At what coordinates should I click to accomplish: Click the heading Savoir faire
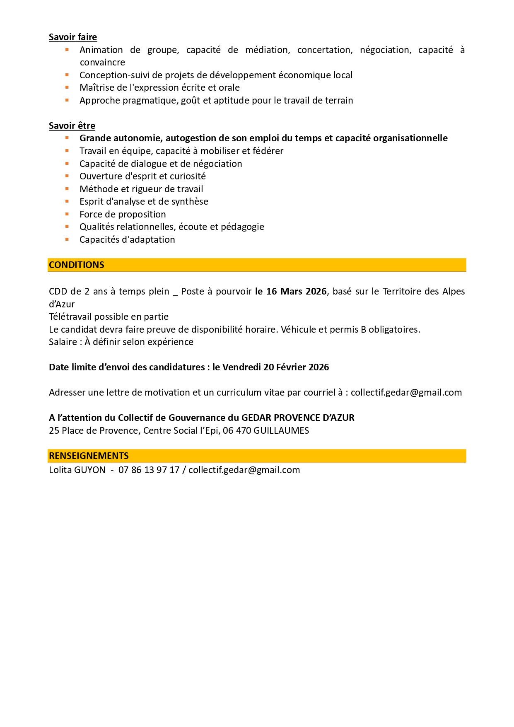tap(73, 37)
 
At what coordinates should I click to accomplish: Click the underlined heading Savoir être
tap(72, 126)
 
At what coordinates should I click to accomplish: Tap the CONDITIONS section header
tap(77, 265)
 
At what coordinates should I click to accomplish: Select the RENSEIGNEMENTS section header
tap(89, 456)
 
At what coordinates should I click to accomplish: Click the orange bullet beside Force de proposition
tap(67, 214)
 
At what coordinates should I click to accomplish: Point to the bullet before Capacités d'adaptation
tap(67, 239)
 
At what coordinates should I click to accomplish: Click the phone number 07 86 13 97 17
tap(149, 470)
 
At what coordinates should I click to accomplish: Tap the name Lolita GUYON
tap(77, 470)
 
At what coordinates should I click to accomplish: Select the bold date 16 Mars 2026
tap(296, 292)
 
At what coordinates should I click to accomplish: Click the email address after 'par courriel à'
tap(406, 393)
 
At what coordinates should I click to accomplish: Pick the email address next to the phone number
tap(244, 470)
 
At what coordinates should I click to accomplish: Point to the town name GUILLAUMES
tap(281, 431)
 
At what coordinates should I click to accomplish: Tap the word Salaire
tap(63, 342)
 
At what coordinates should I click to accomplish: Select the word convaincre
tap(102, 63)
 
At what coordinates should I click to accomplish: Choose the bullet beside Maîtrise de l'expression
tap(67, 88)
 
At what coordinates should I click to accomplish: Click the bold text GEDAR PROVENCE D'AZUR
tap(298, 418)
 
